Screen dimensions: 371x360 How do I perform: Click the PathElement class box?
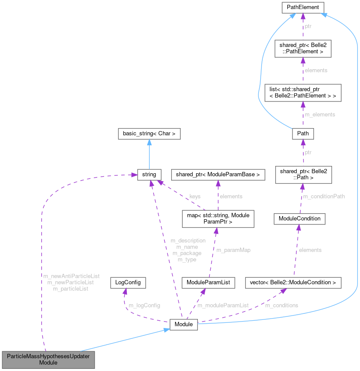[303, 7]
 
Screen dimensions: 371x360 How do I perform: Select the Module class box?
[184, 325]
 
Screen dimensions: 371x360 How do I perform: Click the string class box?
[149, 175]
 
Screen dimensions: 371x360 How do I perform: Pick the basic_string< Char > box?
[149, 134]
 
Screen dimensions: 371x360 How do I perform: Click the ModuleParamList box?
[208, 282]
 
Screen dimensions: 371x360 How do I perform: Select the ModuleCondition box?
[299, 218]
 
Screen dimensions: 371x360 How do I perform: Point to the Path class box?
[302, 134]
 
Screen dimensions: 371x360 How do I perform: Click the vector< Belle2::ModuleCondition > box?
[293, 282]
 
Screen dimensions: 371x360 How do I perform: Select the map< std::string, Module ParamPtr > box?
[218, 218]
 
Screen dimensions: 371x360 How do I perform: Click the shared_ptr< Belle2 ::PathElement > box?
[303, 49]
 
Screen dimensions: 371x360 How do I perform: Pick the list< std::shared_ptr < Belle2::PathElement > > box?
[302, 92]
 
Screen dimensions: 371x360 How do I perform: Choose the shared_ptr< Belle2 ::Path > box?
[302, 175]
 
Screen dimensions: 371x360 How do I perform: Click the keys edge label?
[195, 196]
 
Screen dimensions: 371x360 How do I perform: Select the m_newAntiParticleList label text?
[71, 276]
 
